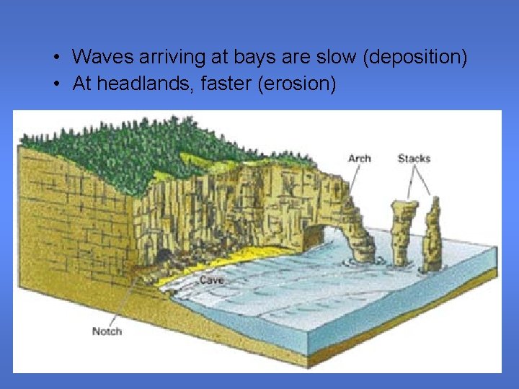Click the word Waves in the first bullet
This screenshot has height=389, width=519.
coord(99,57)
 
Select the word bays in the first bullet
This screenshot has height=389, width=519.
coord(240,57)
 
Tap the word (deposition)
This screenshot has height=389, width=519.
coord(416,57)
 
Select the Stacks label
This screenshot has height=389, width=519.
coord(414,158)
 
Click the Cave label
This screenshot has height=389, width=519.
coord(212,280)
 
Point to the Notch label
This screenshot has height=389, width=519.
coord(107,331)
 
